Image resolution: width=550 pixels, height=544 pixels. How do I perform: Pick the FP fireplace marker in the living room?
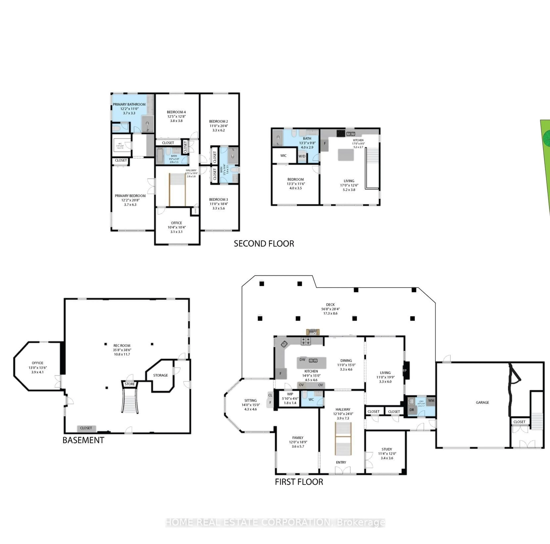click(404, 371)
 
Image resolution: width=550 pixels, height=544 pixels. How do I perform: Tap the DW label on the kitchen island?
click(302, 359)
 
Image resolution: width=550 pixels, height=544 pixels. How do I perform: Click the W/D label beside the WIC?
click(302, 156)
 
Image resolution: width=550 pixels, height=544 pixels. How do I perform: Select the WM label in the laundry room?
click(431, 400)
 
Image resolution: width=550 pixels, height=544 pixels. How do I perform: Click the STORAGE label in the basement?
click(161, 375)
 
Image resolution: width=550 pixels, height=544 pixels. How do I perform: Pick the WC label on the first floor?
click(311, 399)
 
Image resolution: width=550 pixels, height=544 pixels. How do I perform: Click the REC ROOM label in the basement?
click(122, 346)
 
